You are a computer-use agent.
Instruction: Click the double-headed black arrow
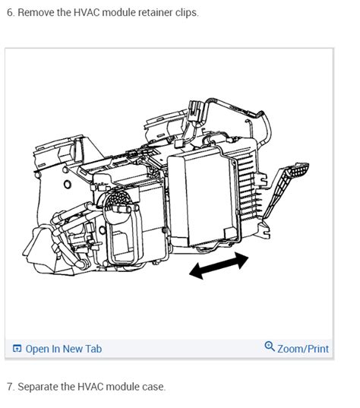218,265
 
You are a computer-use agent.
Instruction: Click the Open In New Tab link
63,349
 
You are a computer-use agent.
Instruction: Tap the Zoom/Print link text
303,349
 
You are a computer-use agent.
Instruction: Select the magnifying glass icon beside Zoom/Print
269,347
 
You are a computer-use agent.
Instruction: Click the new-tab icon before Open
17,349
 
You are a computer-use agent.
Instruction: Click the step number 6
9,13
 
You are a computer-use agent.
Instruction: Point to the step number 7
9,387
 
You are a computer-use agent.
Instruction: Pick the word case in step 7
152,387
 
